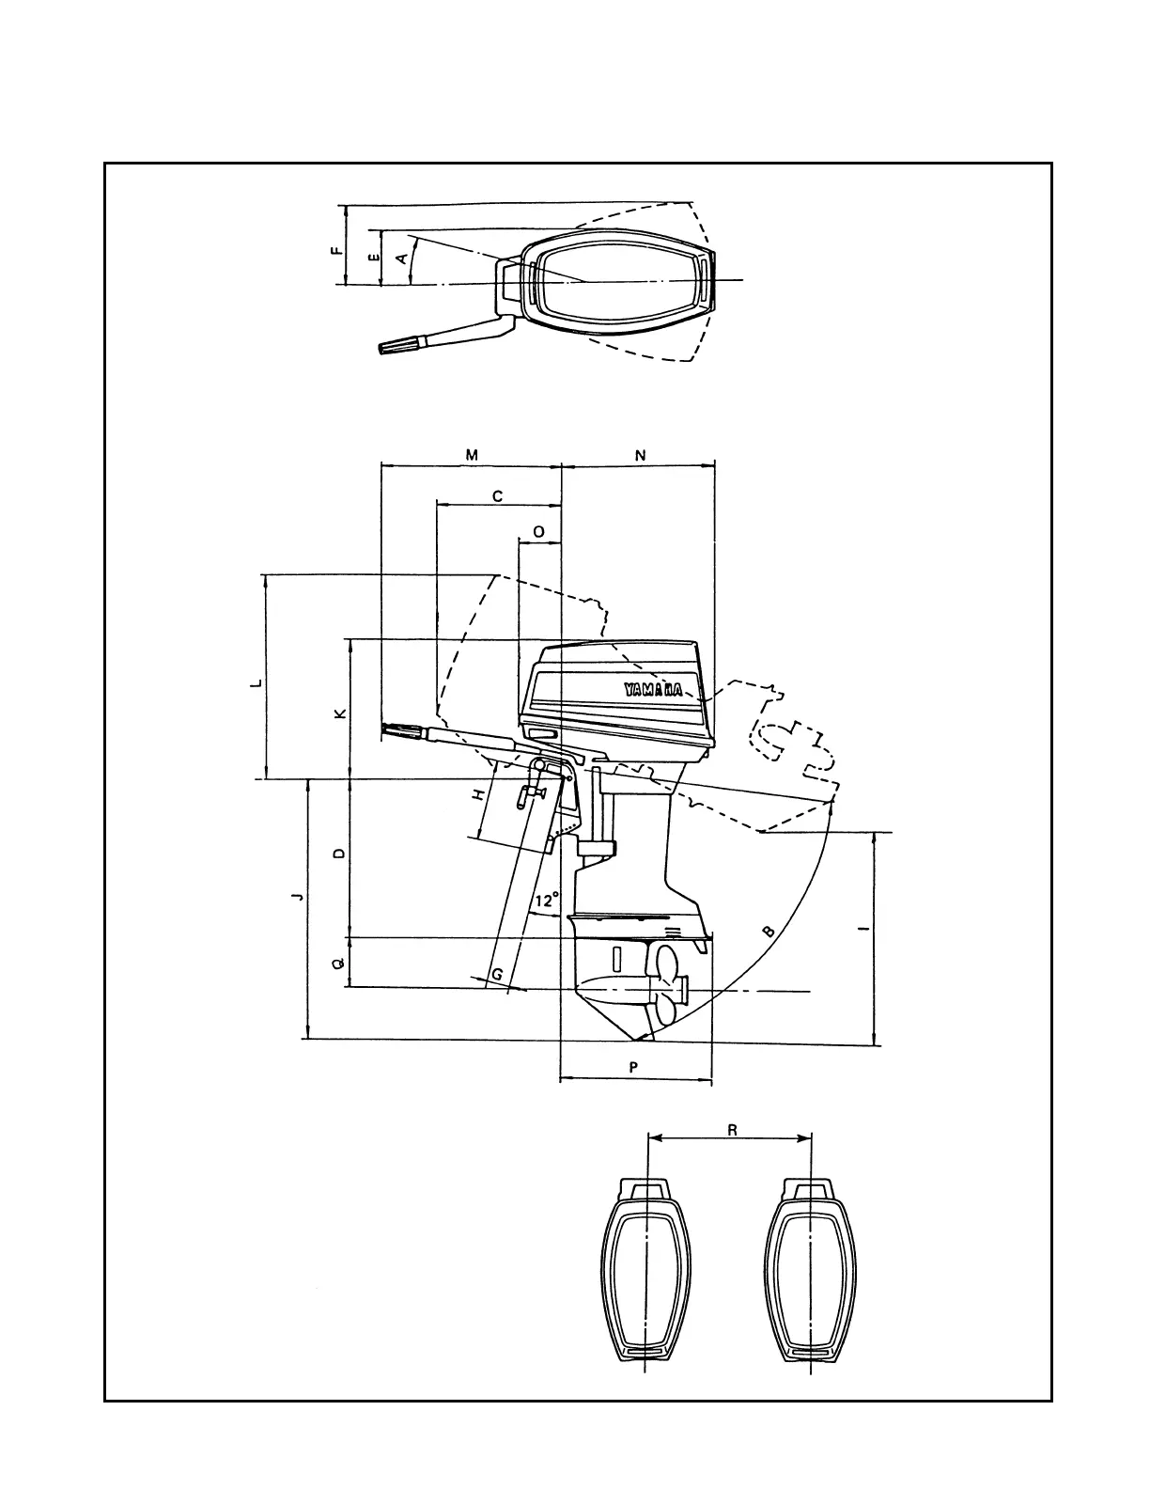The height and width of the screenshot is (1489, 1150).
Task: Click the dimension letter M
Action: (x=472, y=455)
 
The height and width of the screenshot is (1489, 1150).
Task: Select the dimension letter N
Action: (x=641, y=456)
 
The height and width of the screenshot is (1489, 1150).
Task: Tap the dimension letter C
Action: (x=498, y=495)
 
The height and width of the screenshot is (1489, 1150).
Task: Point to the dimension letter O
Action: (x=538, y=532)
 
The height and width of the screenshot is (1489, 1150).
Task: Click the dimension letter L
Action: (x=256, y=683)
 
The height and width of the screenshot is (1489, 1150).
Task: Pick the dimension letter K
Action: (x=341, y=713)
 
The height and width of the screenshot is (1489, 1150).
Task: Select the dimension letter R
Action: (x=732, y=1131)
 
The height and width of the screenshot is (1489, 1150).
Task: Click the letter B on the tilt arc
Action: (x=768, y=932)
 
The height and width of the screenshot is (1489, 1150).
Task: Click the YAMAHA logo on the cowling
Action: (x=654, y=689)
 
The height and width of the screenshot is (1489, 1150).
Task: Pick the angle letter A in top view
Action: (x=404, y=258)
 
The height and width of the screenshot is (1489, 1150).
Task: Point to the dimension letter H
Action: (x=478, y=794)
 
